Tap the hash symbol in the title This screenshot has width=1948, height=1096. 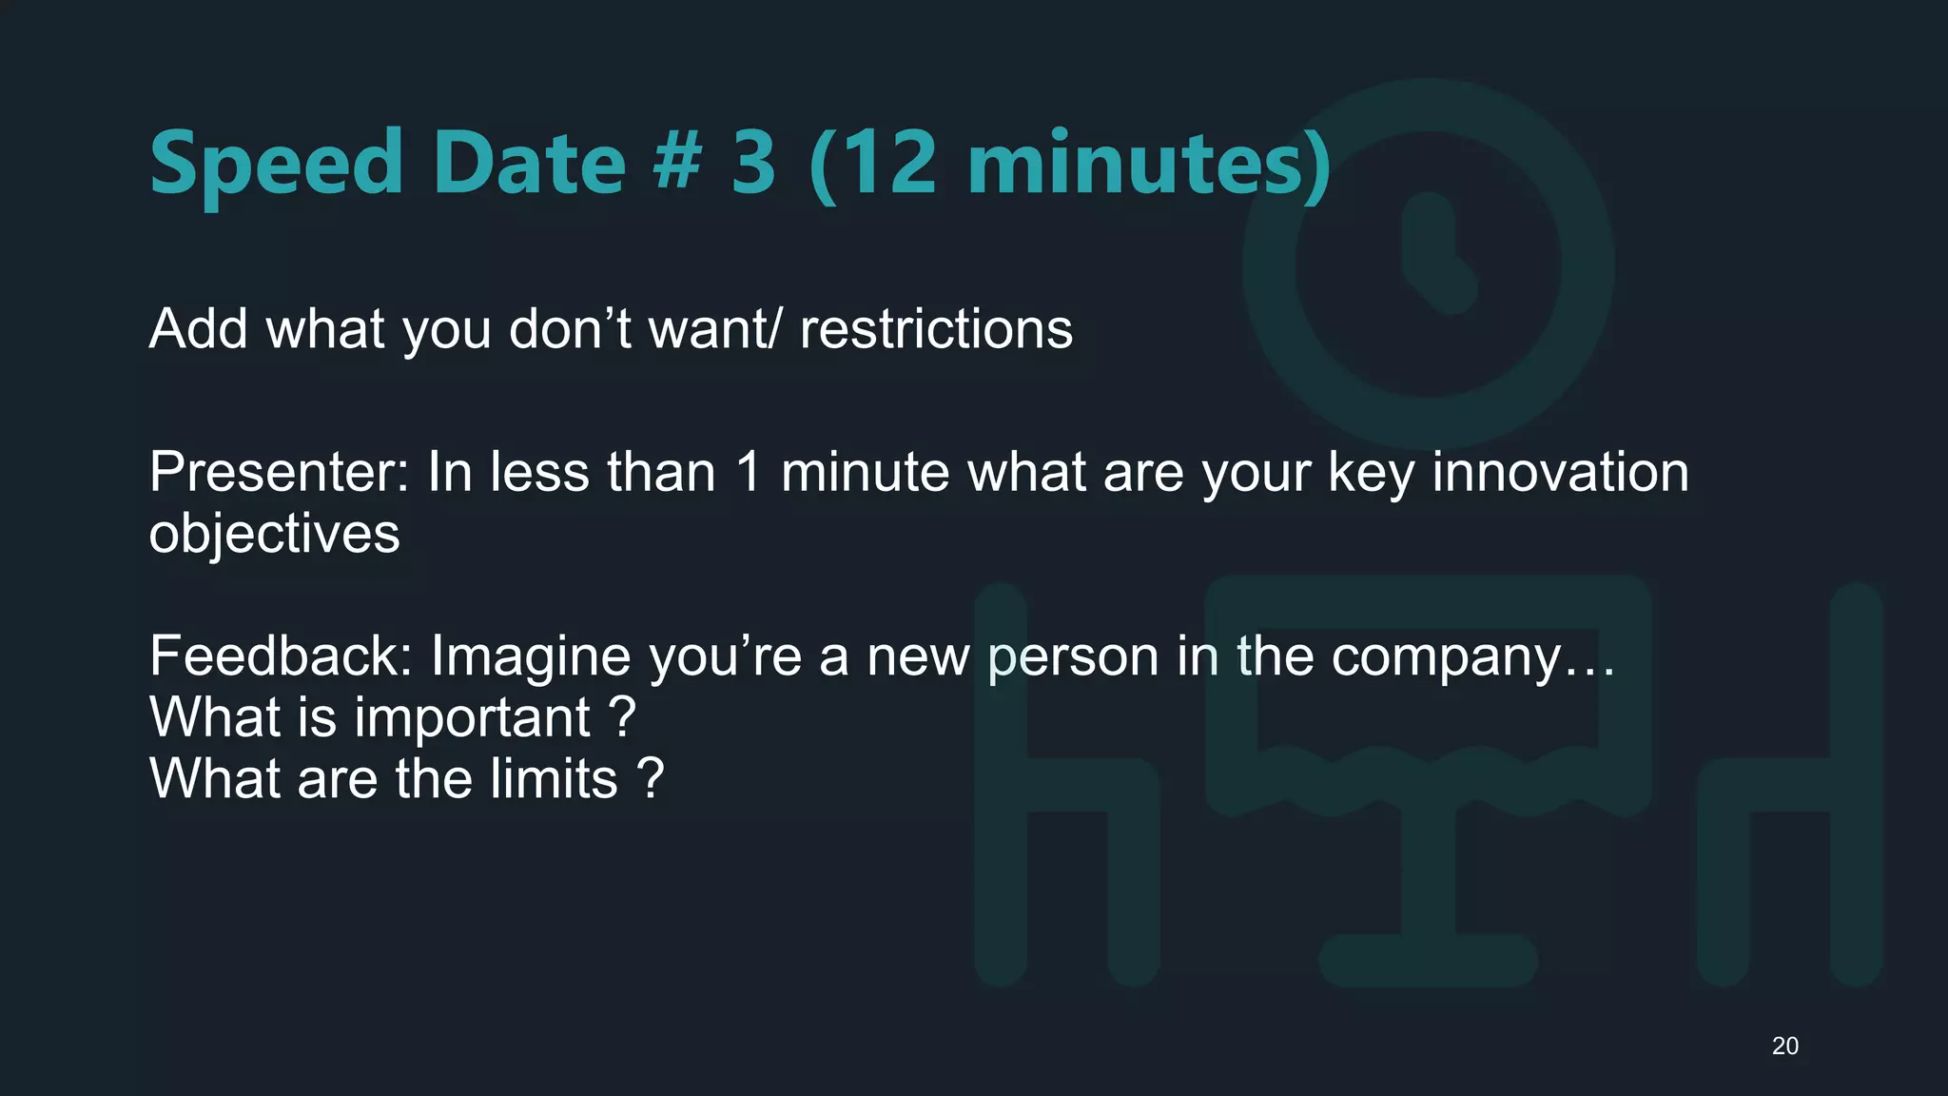(x=677, y=162)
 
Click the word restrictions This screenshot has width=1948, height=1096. (x=936, y=329)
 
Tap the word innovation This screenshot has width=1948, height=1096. (x=1560, y=472)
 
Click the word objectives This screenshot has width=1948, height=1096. (x=274, y=534)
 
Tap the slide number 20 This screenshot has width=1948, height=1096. (x=1784, y=1046)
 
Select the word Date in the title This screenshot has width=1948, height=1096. (x=529, y=162)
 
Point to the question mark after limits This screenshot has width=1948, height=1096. (x=651, y=779)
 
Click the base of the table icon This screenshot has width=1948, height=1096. (x=1428, y=960)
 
